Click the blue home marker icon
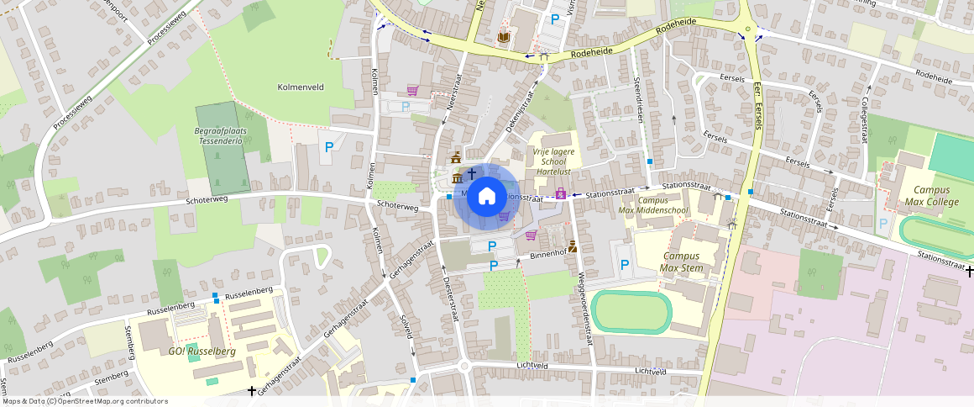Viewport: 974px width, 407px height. pyautogui.click(x=486, y=198)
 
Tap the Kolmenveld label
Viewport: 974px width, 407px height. pyautogui.click(x=301, y=87)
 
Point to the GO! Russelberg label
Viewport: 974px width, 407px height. pyautogui.click(x=202, y=351)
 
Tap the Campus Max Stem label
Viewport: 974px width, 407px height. pyautogui.click(x=681, y=262)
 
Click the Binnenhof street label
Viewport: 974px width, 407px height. pyautogui.click(x=549, y=253)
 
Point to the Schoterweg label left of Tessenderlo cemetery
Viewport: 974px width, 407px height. pyautogui.click(x=207, y=200)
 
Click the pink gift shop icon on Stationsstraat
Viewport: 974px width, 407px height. pyautogui.click(x=561, y=195)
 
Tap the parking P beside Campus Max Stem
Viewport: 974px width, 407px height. pyautogui.click(x=625, y=265)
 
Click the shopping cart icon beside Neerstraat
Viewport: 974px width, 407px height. pyautogui.click(x=412, y=90)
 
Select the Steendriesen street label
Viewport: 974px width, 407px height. pyautogui.click(x=638, y=103)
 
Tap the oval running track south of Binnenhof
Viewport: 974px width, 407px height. pyautogui.click(x=631, y=312)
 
